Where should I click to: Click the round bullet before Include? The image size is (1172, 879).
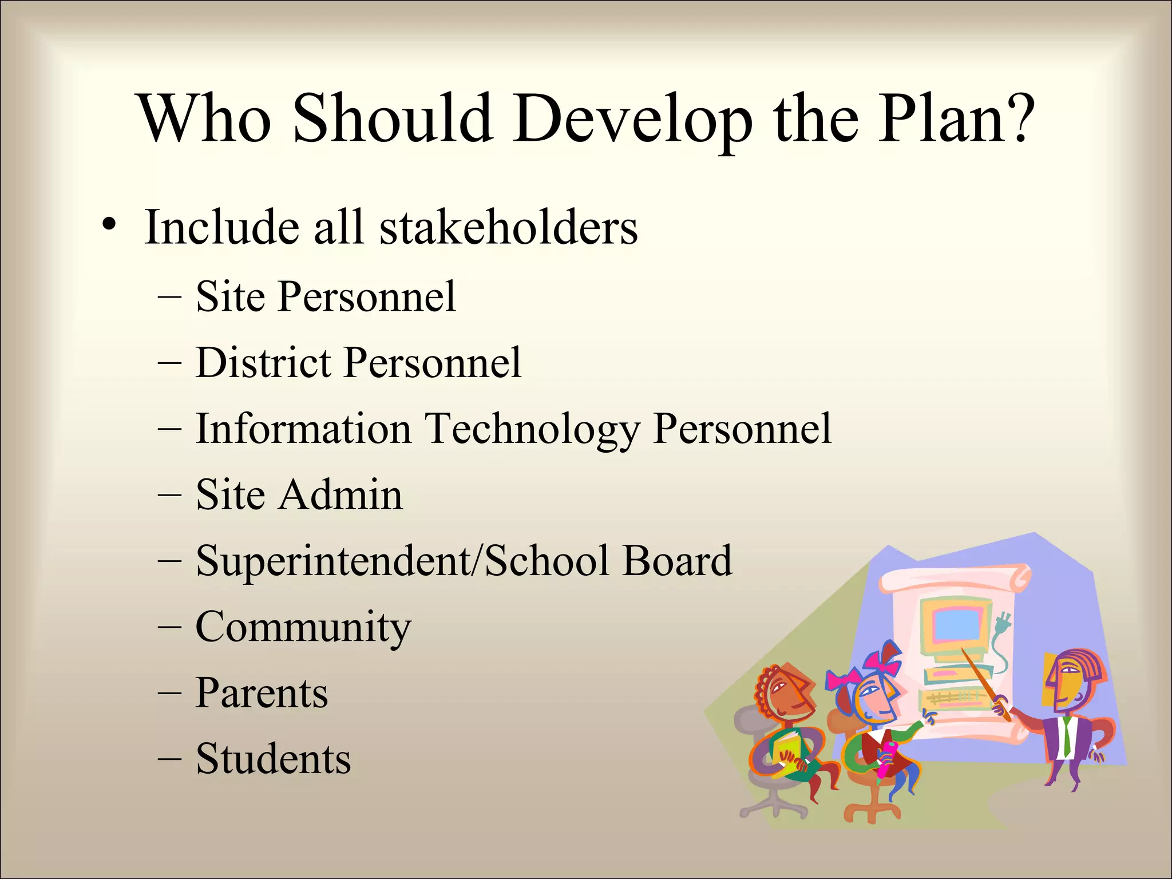coord(109,224)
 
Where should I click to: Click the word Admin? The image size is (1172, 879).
coord(341,494)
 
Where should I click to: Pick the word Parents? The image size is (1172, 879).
coord(262,693)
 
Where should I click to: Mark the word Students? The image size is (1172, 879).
coord(274,759)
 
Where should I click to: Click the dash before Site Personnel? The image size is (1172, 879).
coord(169,297)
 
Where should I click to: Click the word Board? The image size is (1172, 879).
coord(678,560)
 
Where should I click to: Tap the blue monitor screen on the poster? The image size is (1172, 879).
coord(957,624)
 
